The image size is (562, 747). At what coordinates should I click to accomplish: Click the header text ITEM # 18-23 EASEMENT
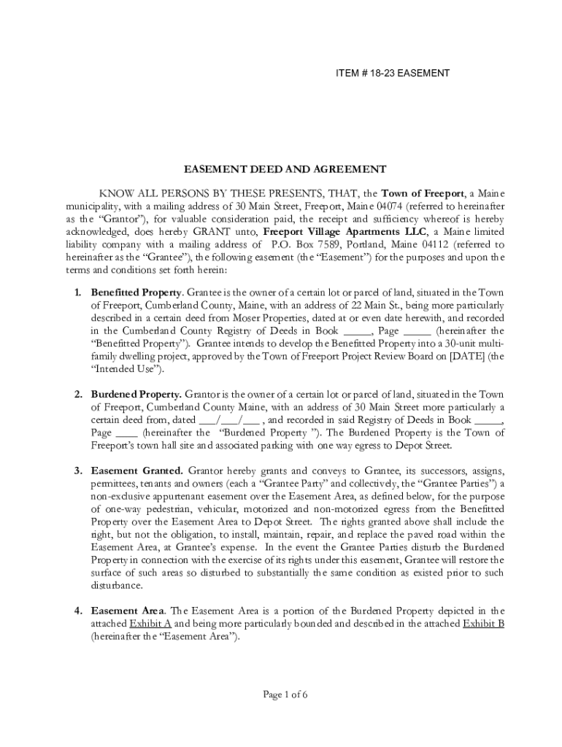pyautogui.click(x=392, y=73)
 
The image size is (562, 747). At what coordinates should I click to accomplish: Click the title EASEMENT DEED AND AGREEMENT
pyautogui.click(x=284, y=169)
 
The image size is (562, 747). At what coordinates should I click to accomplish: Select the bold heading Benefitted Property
pyautogui.click(x=135, y=293)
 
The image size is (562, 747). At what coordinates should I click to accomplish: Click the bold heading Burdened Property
pyautogui.click(x=136, y=394)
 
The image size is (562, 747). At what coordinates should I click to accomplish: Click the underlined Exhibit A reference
pyautogui.click(x=150, y=623)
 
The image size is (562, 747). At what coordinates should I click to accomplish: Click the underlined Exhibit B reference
pyautogui.click(x=483, y=623)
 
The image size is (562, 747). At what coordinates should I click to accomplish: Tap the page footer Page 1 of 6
pyautogui.click(x=285, y=694)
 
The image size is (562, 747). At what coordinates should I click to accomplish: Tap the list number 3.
pyautogui.click(x=78, y=471)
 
